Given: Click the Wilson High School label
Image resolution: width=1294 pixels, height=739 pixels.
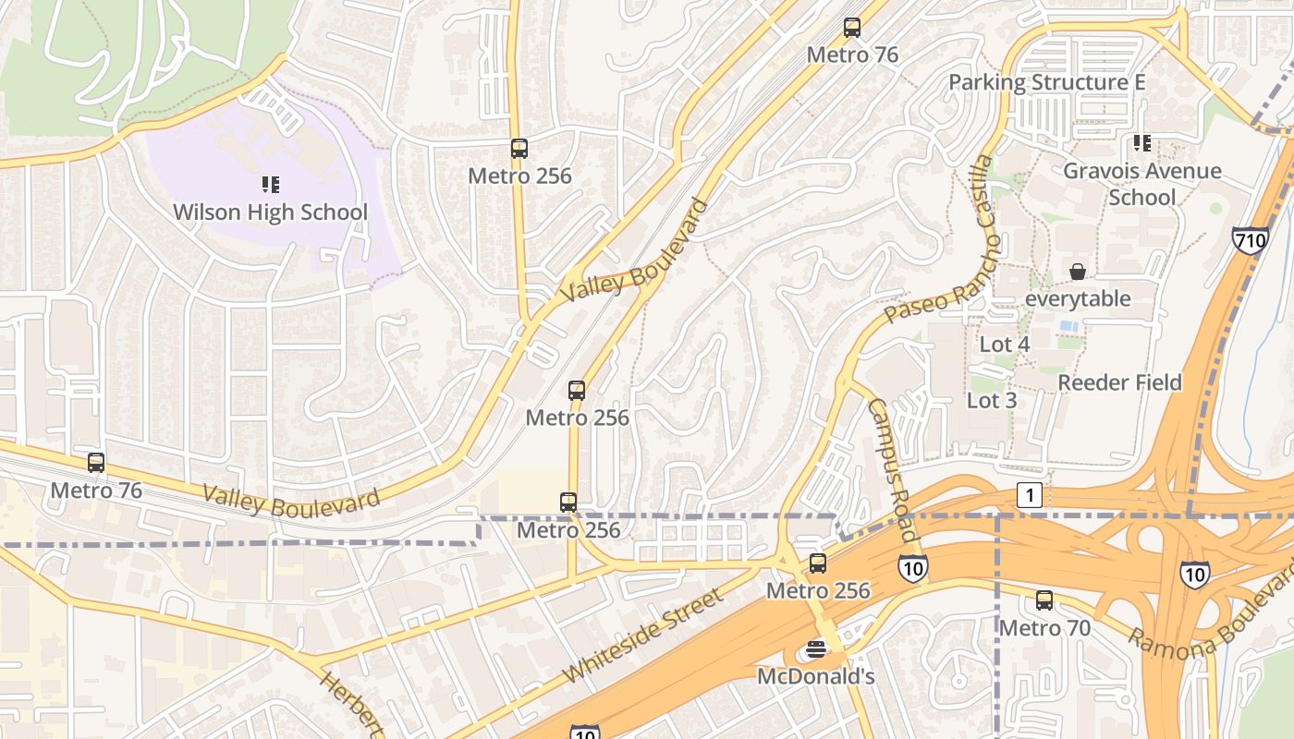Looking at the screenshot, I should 270,212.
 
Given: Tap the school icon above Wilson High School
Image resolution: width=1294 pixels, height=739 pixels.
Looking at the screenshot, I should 270,185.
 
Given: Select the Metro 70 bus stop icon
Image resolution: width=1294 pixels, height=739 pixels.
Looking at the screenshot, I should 1044,600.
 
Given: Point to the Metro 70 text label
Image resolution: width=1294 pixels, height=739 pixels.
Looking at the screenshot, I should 1044,628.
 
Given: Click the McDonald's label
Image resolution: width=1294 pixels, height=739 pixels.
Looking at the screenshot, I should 815,676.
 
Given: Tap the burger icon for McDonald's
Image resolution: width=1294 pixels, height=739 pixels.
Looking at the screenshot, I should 815,649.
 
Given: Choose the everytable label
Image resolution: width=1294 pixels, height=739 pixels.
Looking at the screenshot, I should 1078,298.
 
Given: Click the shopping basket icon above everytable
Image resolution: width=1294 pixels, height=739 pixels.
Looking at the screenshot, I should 1078,272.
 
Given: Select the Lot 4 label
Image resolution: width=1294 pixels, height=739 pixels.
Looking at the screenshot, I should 1004,345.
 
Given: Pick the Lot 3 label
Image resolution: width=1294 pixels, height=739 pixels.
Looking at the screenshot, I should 992,400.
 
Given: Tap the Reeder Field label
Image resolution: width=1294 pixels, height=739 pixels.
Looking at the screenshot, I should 1119,382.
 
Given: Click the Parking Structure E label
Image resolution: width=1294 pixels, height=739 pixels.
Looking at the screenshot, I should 1047,82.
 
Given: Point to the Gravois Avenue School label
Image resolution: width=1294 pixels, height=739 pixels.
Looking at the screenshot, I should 1142,184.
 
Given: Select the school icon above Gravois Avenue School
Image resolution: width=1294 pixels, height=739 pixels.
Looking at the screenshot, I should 1142,143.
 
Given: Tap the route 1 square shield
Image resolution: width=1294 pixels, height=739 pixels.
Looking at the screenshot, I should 1030,495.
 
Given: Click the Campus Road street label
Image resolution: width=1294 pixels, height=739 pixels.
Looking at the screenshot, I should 892,469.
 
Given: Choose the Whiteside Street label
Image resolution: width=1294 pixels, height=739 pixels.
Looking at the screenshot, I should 643,636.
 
